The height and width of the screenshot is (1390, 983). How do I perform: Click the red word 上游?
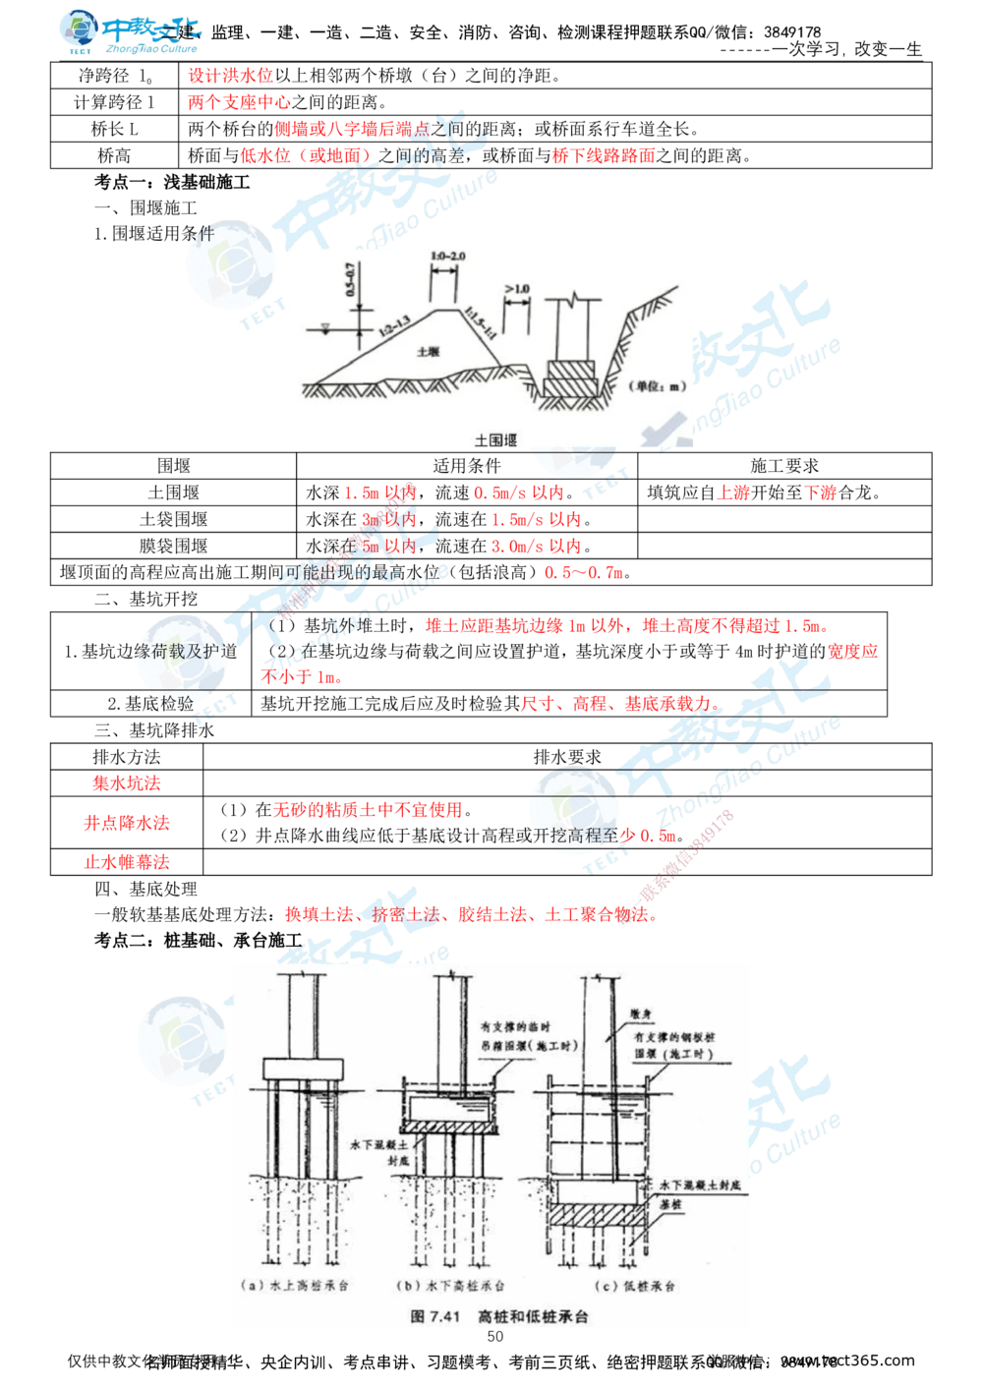(x=732, y=493)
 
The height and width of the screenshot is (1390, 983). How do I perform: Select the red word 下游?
(x=821, y=493)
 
